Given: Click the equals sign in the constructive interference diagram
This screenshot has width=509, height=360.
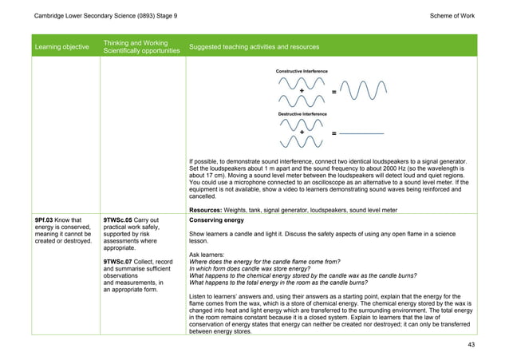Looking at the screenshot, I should [333, 93].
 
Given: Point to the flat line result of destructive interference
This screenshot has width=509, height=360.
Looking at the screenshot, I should [363, 132].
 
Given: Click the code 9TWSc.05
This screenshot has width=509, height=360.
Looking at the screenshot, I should [120, 220].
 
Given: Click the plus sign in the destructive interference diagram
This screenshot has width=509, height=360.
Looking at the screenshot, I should [302, 132].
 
